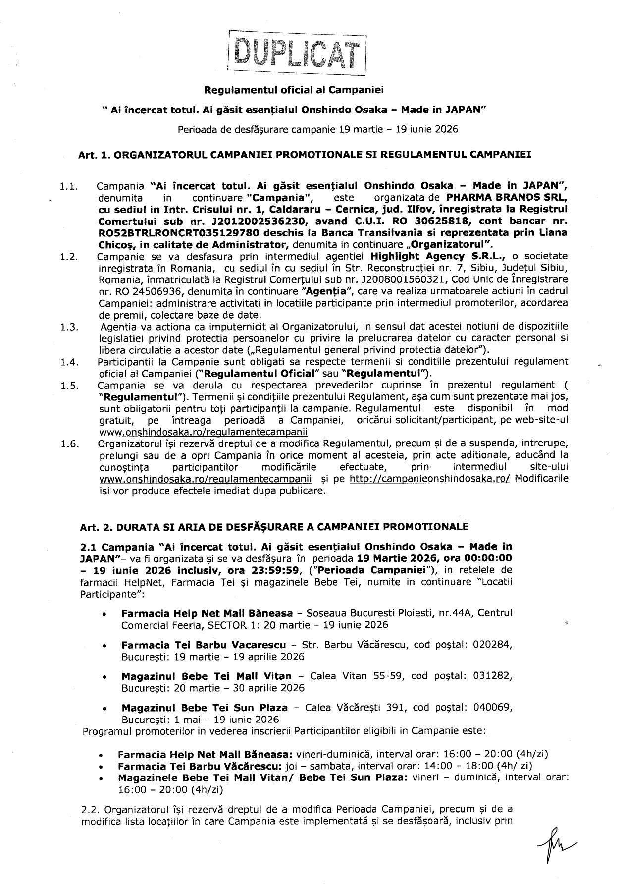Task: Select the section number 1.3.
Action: coord(68,327)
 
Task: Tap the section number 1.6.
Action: coord(68,443)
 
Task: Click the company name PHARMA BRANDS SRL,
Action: coord(507,198)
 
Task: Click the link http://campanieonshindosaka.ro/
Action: coord(430,479)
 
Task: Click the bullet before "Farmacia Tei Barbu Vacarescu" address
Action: coord(104,646)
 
